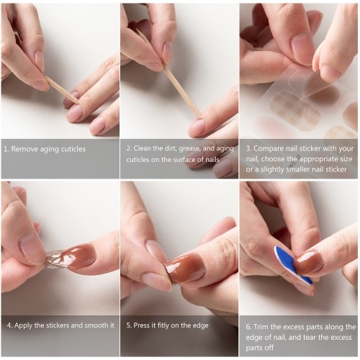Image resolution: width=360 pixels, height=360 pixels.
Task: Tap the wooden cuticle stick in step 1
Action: pos(62,89)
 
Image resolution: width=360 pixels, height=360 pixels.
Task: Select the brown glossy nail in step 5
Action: pos(186,269)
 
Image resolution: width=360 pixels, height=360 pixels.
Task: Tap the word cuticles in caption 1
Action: pos(73,149)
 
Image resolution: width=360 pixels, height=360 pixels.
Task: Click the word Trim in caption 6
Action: pos(260,327)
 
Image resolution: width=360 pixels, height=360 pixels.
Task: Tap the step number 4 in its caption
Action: pos(9,325)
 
